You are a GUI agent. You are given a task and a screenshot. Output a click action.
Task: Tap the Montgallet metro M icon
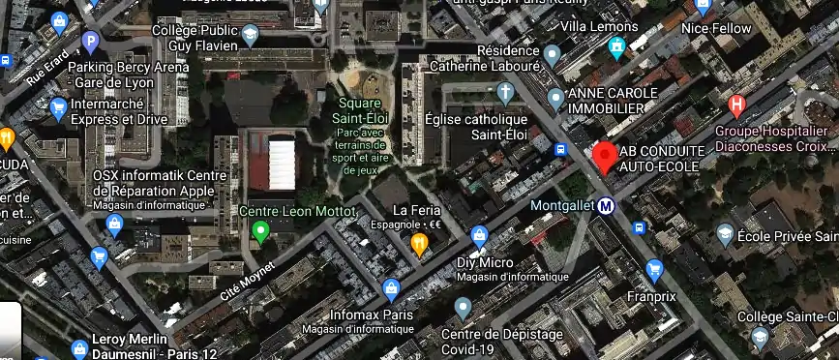[x=607, y=205]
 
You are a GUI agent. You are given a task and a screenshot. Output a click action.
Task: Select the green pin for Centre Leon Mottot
[x=259, y=231]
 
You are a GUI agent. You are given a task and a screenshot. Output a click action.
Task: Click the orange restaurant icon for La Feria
[x=419, y=244]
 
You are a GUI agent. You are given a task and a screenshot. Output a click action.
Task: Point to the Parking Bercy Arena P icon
[x=90, y=41]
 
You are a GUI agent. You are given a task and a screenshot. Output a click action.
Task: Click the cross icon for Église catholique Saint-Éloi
[x=504, y=93]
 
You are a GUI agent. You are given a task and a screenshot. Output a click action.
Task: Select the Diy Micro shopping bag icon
[x=479, y=235]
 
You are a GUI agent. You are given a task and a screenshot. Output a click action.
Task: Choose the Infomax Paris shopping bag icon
[x=391, y=288]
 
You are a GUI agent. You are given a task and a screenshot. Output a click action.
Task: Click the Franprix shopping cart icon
[x=655, y=268]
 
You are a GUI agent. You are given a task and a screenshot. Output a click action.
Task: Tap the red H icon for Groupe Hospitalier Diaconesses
[x=737, y=104]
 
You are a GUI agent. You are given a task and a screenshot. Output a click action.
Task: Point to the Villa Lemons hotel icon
[x=616, y=47]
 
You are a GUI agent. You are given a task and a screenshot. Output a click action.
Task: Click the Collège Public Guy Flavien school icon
[x=251, y=36]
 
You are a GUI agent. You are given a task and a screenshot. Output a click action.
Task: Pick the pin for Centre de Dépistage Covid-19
[x=463, y=309]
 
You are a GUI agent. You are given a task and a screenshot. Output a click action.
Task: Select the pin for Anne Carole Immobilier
[x=555, y=97]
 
